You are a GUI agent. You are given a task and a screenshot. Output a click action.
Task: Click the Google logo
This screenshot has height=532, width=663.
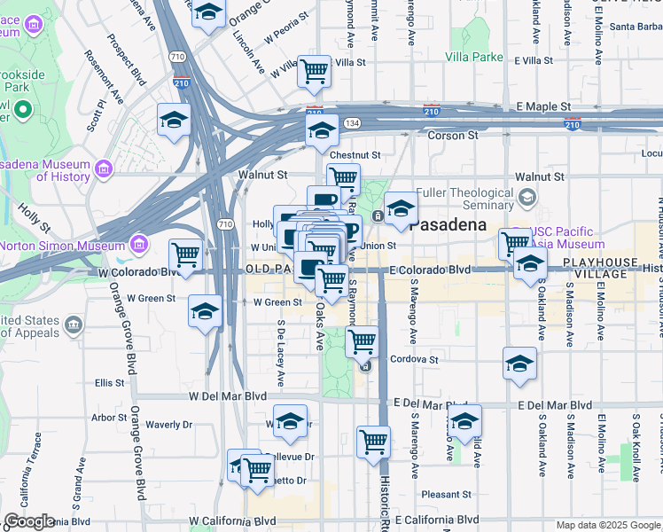(x=29, y=521)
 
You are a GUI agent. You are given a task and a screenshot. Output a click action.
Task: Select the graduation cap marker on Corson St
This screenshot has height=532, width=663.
(x=322, y=131)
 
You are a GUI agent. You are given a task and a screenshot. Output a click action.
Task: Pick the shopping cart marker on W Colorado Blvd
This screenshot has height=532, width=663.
(x=185, y=254)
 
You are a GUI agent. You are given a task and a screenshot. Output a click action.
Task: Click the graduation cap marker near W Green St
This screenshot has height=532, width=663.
(x=205, y=312)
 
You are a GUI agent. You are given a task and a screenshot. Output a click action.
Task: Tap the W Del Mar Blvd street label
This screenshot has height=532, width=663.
(x=228, y=396)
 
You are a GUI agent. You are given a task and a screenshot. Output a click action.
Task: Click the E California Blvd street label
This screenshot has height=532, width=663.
(x=437, y=520)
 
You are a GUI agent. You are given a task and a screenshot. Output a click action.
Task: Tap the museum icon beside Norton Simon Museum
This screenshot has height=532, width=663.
(x=138, y=243)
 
